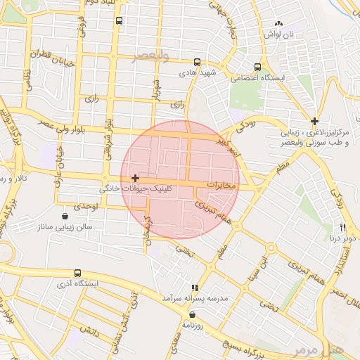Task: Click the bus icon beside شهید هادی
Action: click(197, 62)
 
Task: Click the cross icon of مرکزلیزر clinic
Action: click(314, 121)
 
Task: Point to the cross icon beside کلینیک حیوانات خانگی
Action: click(135, 179)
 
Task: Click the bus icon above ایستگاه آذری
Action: click(77, 272)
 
